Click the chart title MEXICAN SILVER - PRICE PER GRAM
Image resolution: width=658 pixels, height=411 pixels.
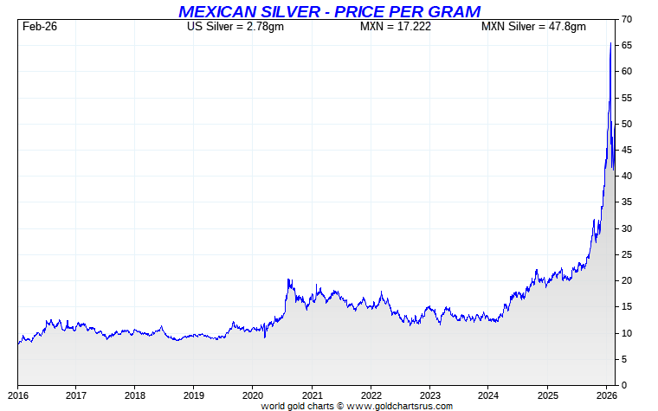[x=329, y=11]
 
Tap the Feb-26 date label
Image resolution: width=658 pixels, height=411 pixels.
[x=39, y=27]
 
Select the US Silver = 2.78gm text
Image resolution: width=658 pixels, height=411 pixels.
[x=235, y=27]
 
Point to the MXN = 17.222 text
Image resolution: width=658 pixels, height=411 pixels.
[x=396, y=27]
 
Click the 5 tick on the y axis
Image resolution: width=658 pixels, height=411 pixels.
[x=625, y=359]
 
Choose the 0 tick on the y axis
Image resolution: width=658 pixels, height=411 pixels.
[x=625, y=385]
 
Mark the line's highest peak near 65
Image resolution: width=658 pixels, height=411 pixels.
[x=611, y=43]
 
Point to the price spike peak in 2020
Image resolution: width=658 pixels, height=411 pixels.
[x=289, y=279]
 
